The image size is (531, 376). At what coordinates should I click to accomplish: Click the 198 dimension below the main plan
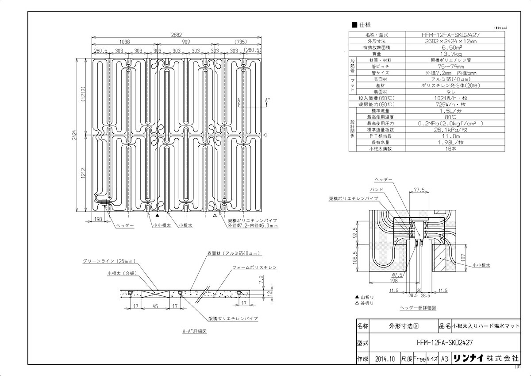98,218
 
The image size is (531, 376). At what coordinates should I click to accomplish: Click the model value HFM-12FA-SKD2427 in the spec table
449,35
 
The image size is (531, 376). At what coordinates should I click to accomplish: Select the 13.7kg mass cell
449,53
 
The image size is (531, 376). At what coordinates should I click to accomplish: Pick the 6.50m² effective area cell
449,47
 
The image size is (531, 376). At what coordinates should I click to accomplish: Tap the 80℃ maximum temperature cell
449,117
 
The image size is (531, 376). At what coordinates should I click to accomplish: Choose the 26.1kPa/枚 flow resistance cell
449,130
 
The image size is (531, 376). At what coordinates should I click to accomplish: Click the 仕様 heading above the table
364,24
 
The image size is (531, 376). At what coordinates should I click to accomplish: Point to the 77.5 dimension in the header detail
419,189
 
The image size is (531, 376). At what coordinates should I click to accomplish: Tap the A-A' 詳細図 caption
195,331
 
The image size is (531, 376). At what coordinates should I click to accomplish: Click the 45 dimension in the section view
155,306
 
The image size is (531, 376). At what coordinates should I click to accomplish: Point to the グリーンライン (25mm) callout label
108,261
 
